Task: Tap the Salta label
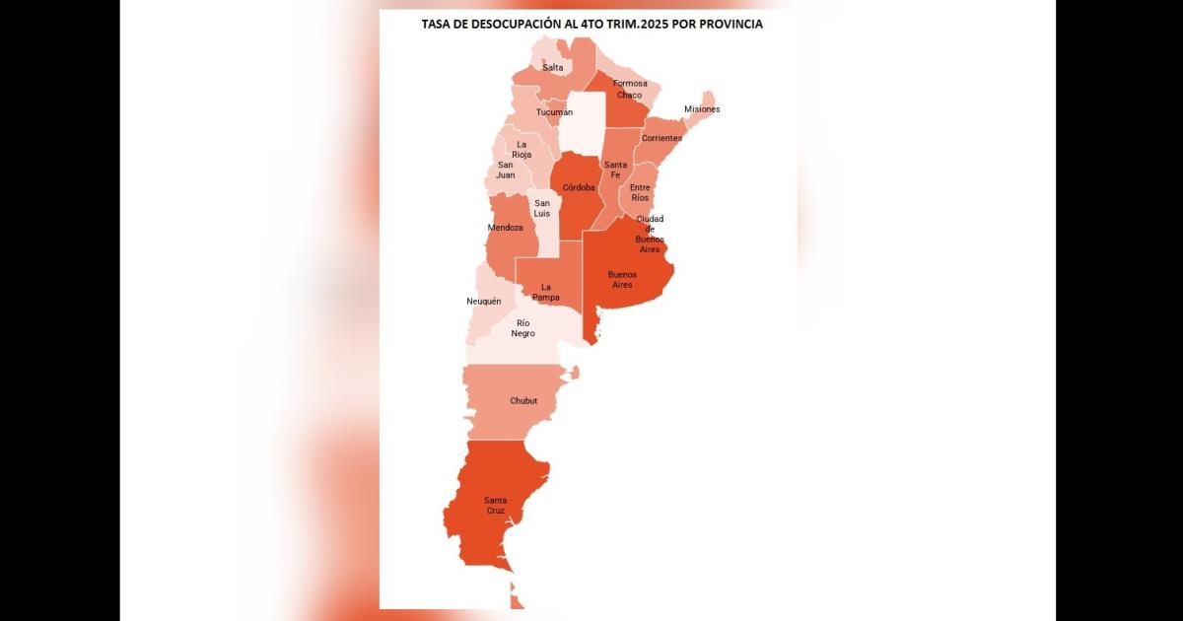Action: coord(553,67)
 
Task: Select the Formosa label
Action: coord(630,83)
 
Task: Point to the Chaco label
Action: coord(630,96)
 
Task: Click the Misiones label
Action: coord(702,108)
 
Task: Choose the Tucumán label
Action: coord(554,112)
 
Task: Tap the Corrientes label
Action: coord(661,138)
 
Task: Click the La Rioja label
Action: coord(522,149)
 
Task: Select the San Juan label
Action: coord(506,170)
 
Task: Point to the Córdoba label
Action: coord(579,187)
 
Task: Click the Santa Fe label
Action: coord(616,170)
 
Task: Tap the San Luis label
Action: coord(542,208)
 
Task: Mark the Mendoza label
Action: coord(506,228)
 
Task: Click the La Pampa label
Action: coord(545,292)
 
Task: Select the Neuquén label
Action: coord(484,301)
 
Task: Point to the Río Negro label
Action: coord(523,328)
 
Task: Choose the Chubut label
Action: coord(523,401)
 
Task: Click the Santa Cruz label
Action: coord(496,505)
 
